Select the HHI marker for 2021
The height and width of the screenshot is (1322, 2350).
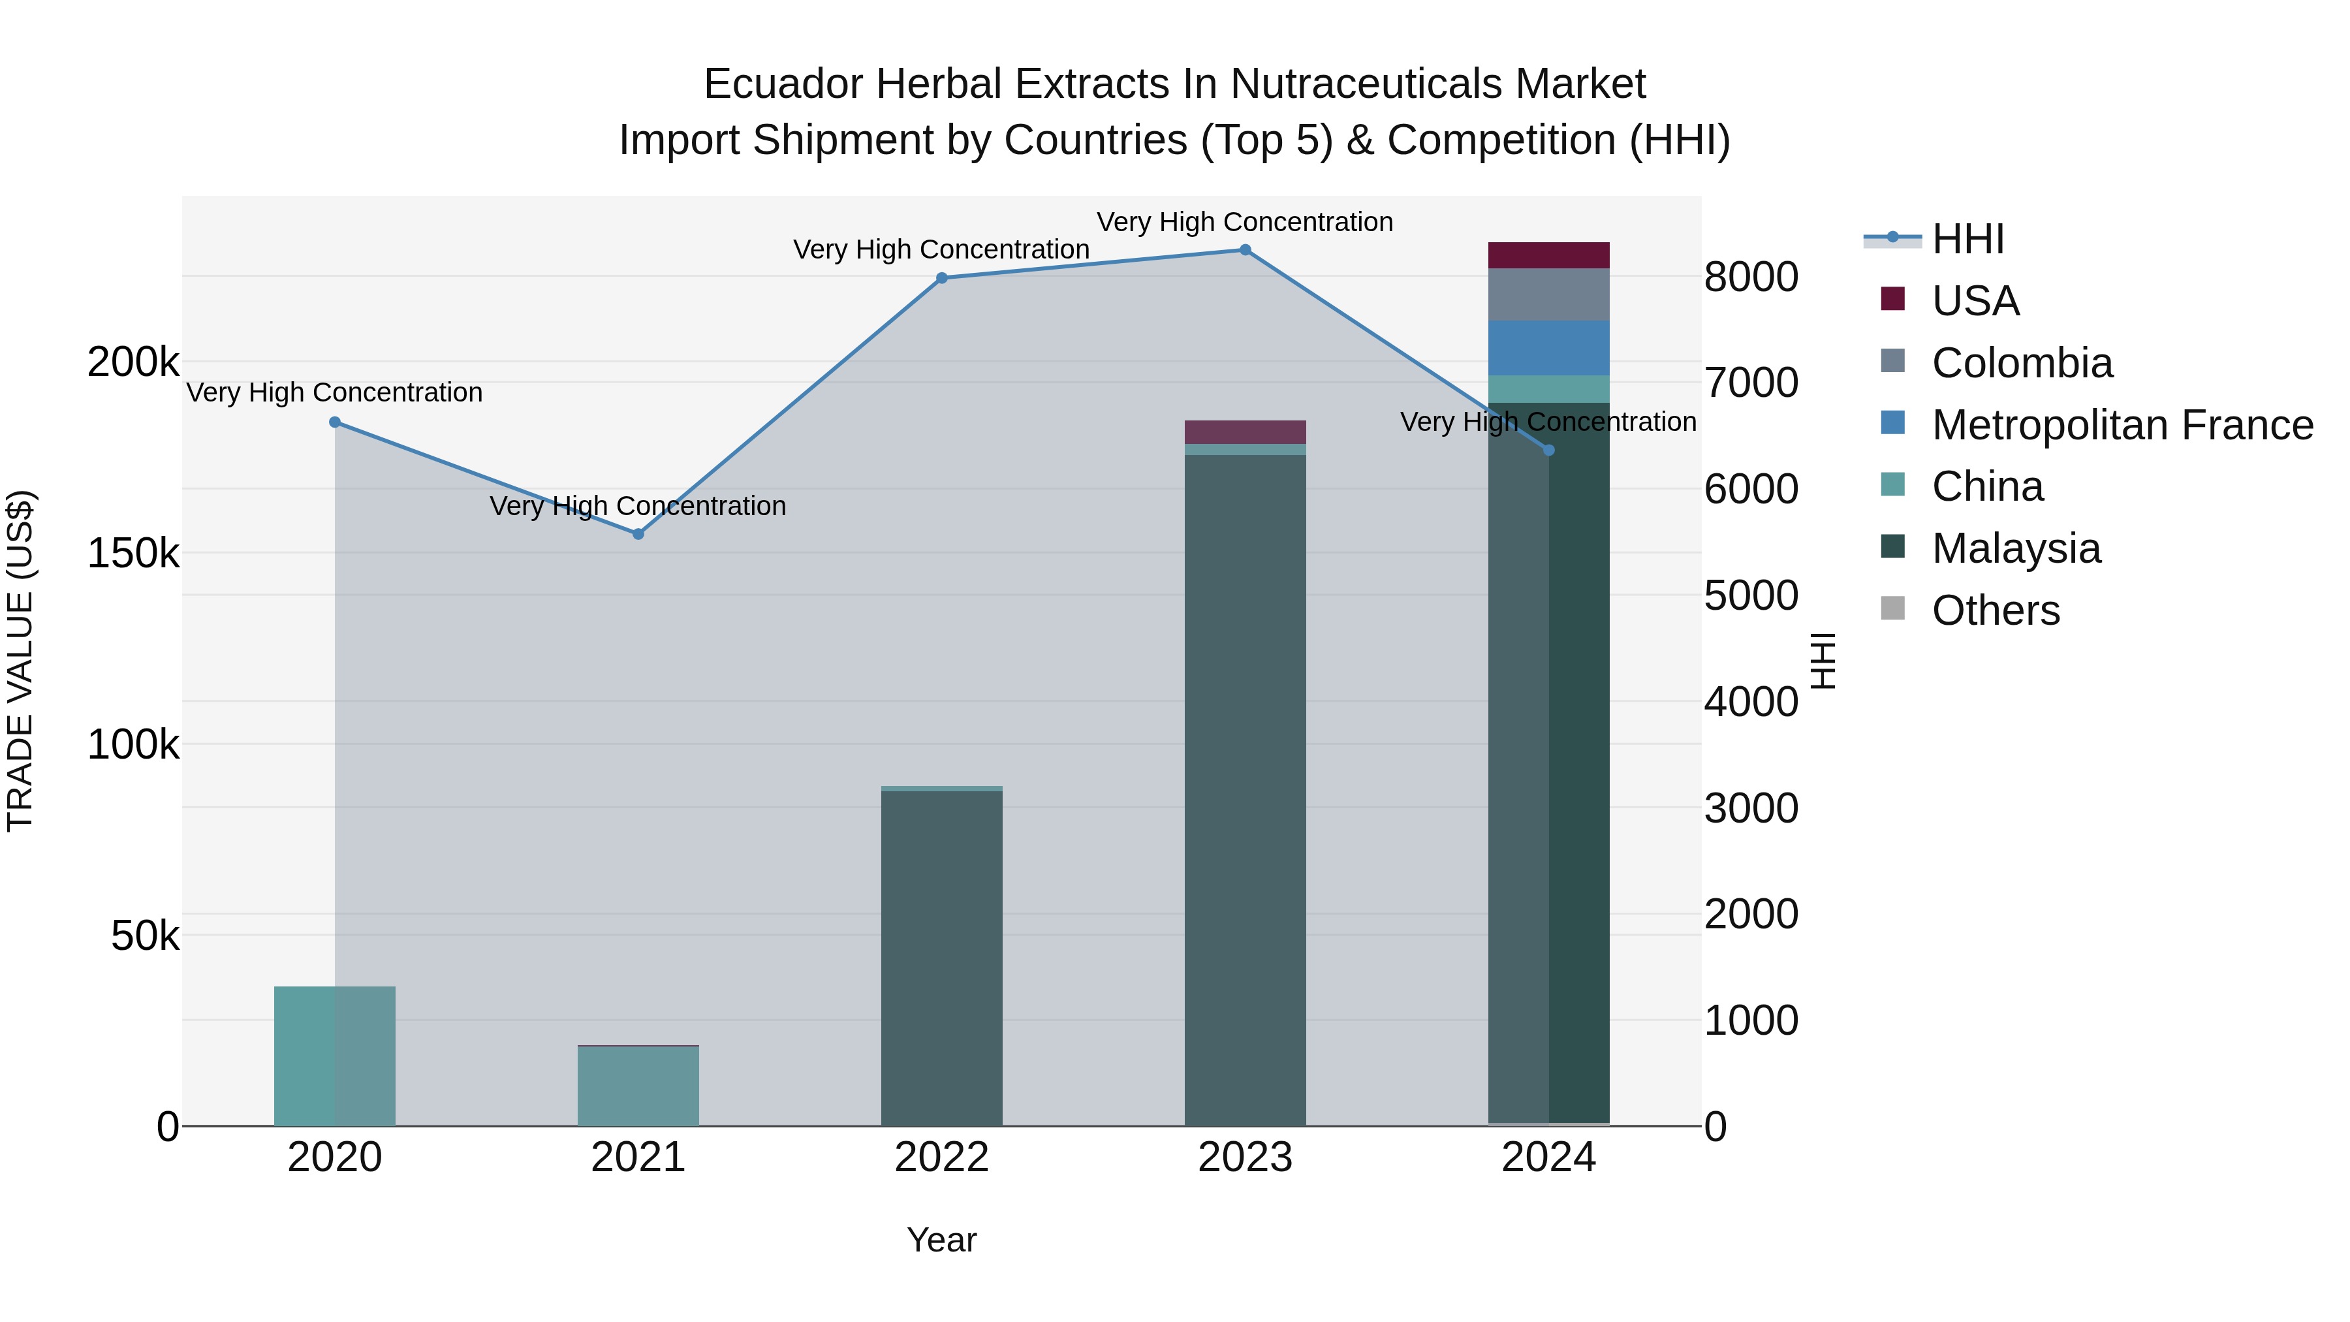click(x=638, y=534)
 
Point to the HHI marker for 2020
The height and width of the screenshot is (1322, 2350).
click(x=335, y=422)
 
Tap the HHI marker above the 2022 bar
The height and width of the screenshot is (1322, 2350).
click(x=941, y=278)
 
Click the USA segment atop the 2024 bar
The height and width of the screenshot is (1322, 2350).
click(x=1548, y=255)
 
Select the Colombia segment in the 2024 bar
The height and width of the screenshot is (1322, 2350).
click(x=1548, y=294)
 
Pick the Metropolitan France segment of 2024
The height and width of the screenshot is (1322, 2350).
click(x=1548, y=347)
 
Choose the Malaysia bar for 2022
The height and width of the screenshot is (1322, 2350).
click(x=941, y=958)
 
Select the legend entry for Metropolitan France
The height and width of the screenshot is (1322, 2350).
click(x=2121, y=425)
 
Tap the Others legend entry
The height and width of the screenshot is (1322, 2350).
click(x=1995, y=610)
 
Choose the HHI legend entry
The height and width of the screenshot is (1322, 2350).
click(x=1967, y=239)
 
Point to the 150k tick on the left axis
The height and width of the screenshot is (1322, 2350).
click(x=133, y=554)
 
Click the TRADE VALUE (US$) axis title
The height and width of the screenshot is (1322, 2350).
click(x=20, y=661)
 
